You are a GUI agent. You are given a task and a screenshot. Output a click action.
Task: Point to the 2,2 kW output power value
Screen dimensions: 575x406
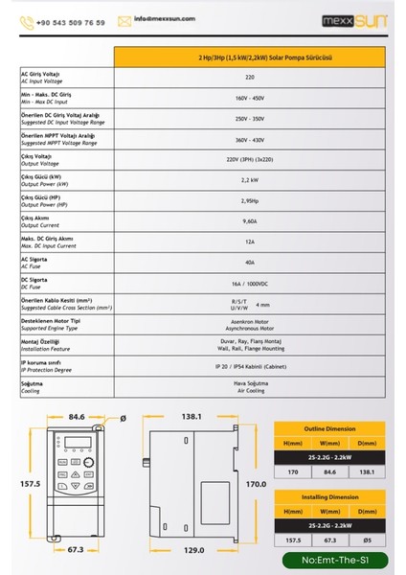(x=251, y=179)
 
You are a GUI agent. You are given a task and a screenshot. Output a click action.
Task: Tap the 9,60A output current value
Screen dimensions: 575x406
(x=251, y=220)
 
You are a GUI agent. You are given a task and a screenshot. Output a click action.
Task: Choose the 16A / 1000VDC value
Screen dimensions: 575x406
(x=251, y=283)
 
